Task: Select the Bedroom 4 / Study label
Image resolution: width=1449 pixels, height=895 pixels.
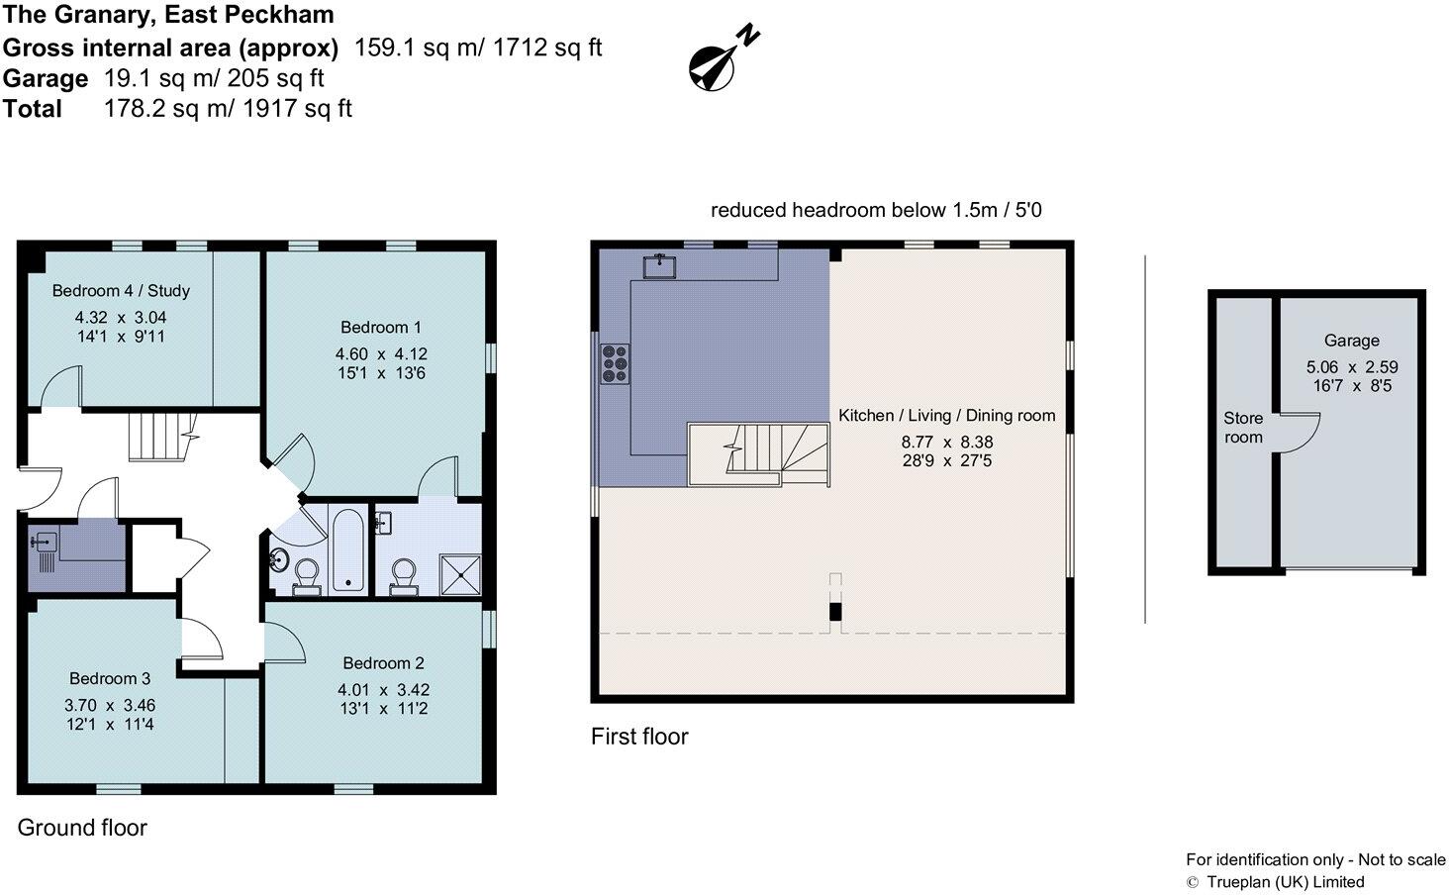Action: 121,291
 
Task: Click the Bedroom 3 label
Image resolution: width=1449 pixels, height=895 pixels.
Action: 110,679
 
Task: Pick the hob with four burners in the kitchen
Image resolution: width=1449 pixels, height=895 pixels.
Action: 615,362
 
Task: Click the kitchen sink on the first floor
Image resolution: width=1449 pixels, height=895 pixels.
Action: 658,265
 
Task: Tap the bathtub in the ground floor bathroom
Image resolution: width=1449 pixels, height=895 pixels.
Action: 347,549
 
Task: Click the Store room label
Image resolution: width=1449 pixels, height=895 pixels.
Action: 1243,428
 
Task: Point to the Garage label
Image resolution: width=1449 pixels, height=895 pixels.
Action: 1351,341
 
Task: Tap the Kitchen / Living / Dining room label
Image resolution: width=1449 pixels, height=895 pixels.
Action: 946,416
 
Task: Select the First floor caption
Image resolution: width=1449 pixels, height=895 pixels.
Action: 638,737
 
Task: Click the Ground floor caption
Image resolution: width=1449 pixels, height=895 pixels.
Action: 82,828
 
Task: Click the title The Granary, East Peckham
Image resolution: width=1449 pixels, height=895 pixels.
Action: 168,15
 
